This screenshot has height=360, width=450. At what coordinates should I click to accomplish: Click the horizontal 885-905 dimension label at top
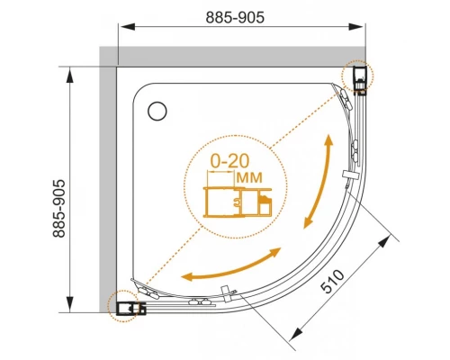point(235,17)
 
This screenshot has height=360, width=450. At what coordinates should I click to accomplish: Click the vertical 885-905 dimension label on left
point(58,209)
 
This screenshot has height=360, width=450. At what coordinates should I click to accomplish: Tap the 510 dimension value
point(332,281)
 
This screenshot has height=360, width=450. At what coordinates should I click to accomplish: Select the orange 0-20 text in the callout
point(229,161)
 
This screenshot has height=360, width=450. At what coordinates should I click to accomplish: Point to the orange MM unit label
point(249,177)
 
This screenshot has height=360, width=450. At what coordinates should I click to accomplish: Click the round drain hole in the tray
point(157,111)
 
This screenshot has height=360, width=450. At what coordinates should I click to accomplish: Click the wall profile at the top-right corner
point(360,78)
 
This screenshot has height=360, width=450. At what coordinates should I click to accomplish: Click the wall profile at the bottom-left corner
point(130,308)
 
